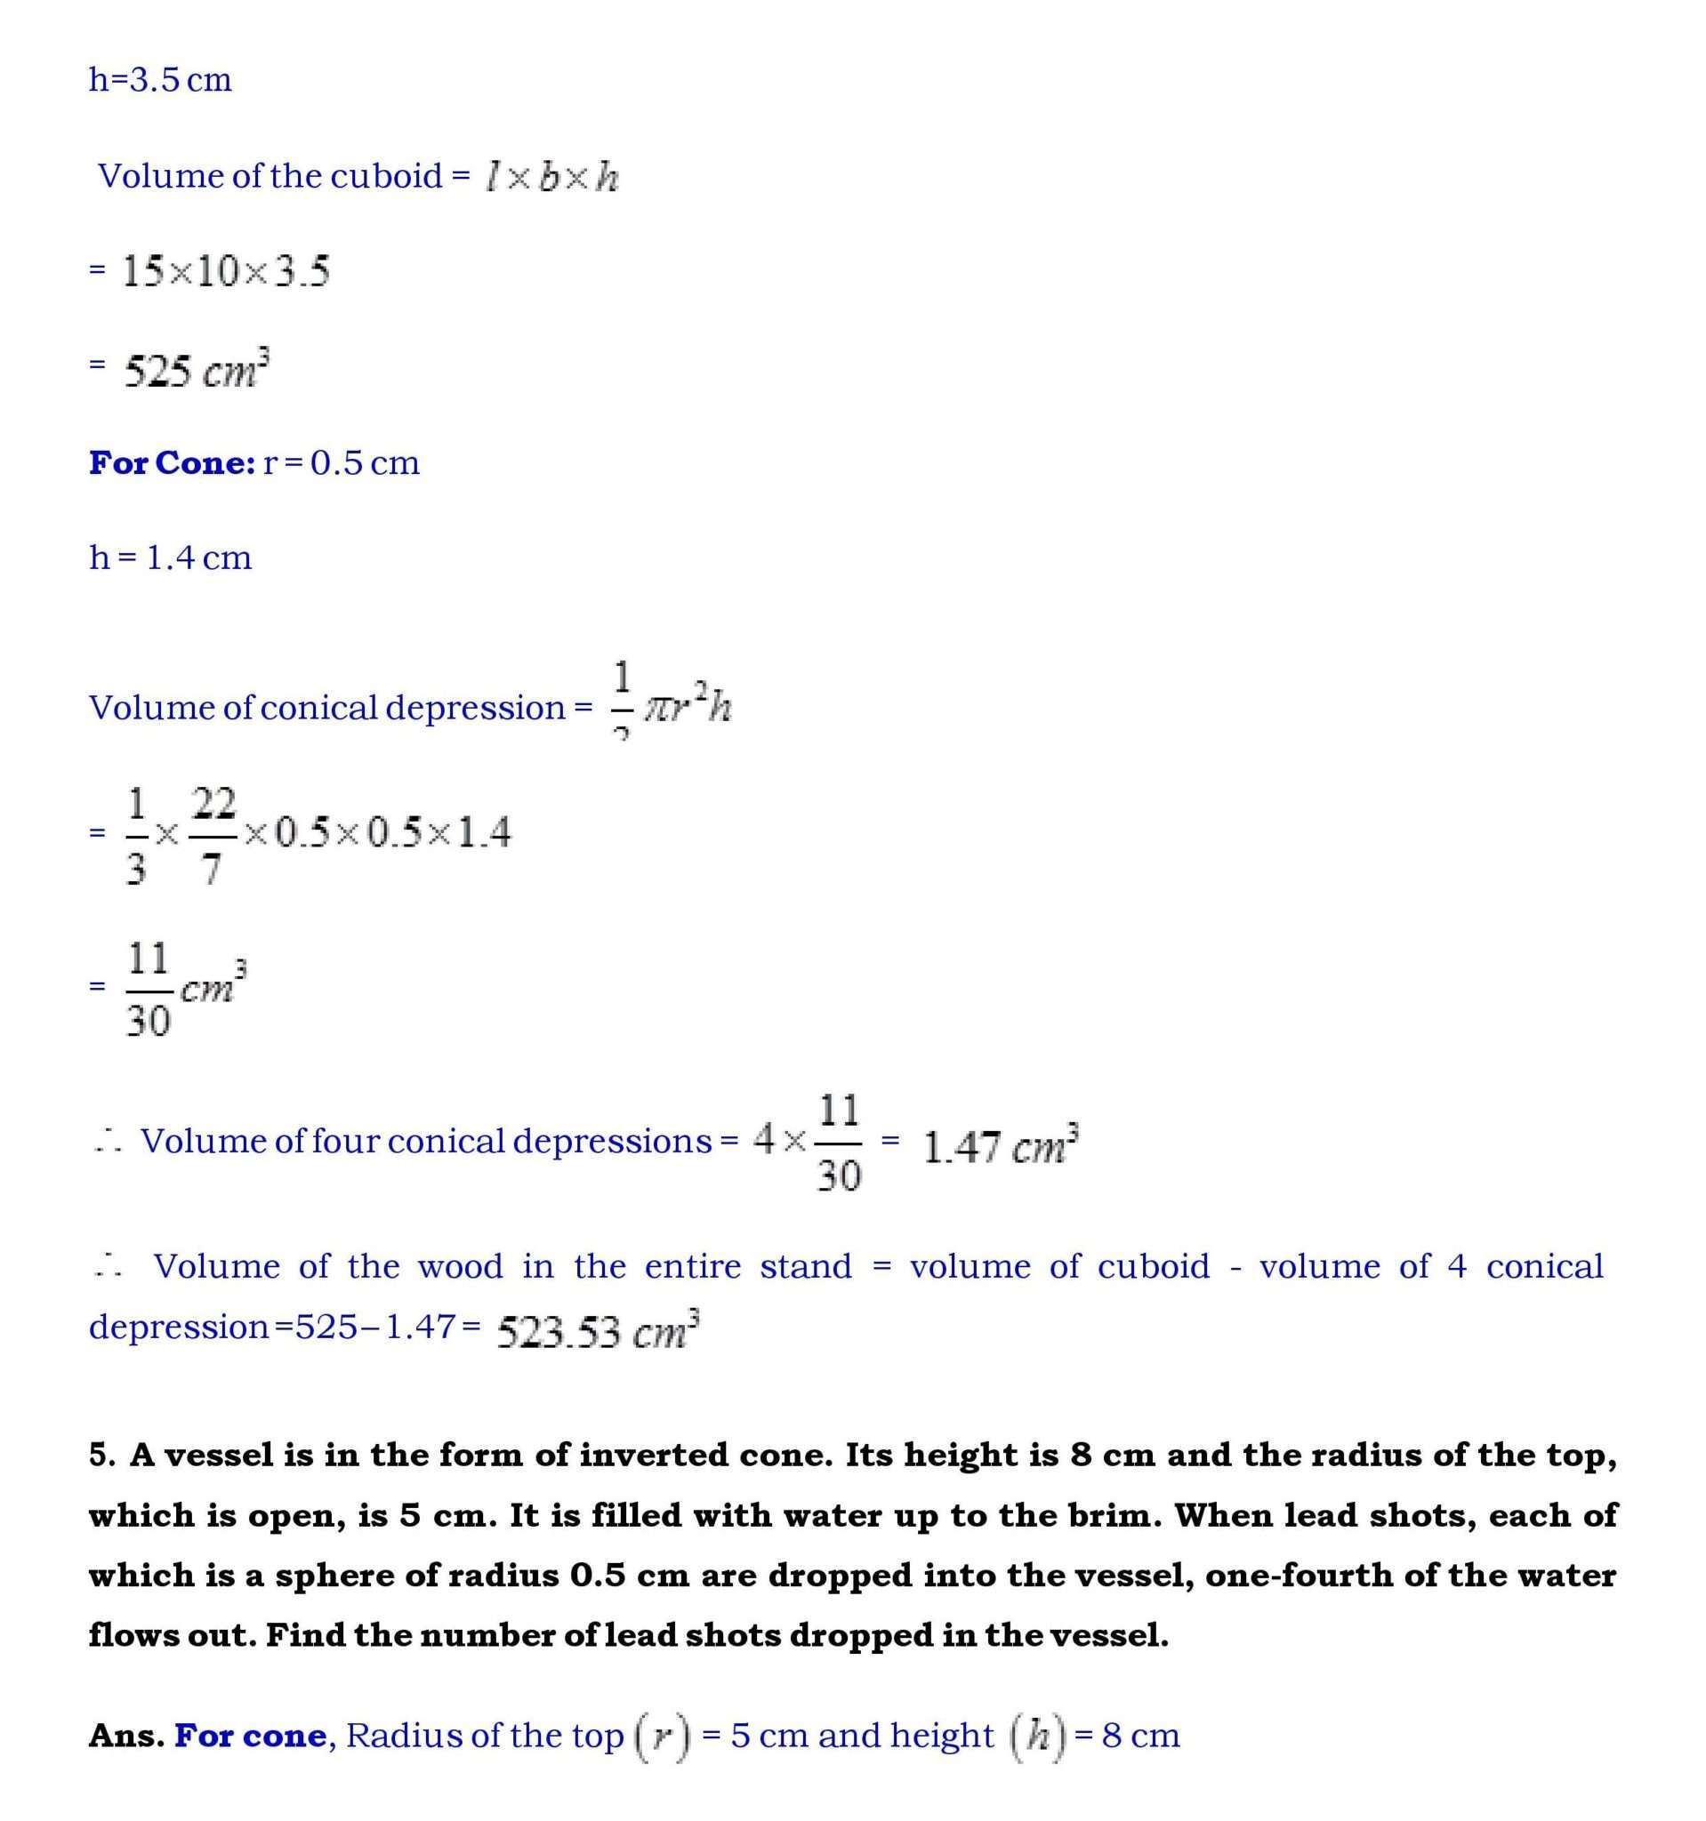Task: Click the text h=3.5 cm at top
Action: click(160, 81)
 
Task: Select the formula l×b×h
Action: click(552, 177)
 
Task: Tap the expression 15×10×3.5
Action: click(225, 272)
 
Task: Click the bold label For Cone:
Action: click(172, 463)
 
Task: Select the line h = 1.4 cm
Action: click(171, 557)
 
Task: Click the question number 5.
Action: click(101, 1455)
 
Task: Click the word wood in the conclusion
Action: click(460, 1267)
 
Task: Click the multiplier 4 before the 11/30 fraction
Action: click(764, 1141)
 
